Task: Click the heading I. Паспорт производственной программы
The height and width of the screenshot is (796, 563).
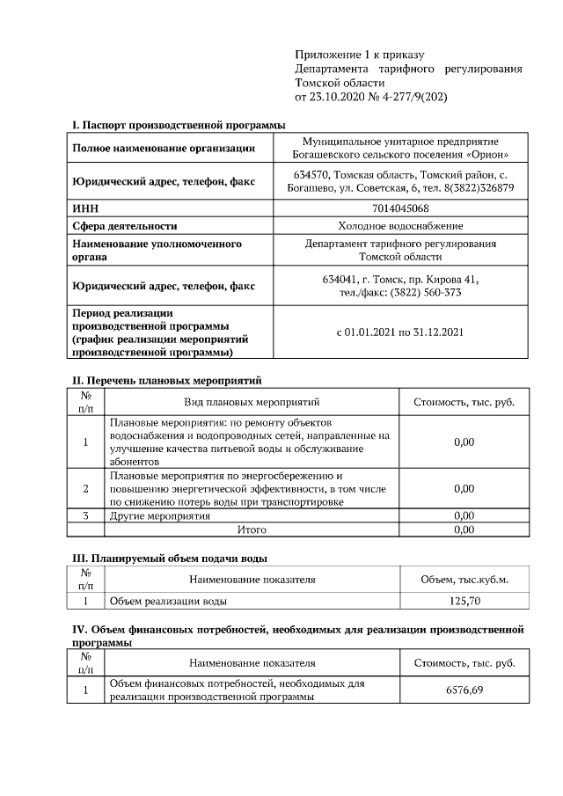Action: coord(178,125)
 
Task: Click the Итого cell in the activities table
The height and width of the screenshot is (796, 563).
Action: coord(252,530)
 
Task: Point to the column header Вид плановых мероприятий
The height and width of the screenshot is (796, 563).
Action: coord(252,402)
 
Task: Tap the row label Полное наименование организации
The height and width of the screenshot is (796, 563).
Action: coord(164,148)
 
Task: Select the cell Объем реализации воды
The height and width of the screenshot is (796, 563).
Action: coord(167,602)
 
